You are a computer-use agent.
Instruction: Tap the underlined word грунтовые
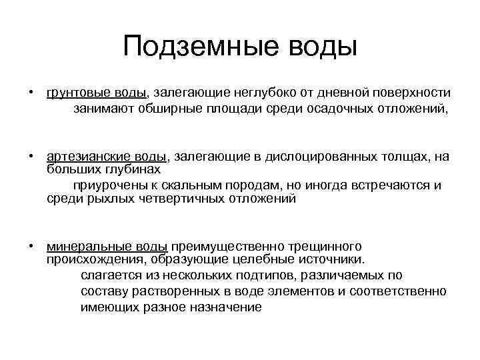pyautogui.click(x=73, y=93)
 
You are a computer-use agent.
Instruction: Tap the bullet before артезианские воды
pyautogui.click(x=31, y=157)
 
